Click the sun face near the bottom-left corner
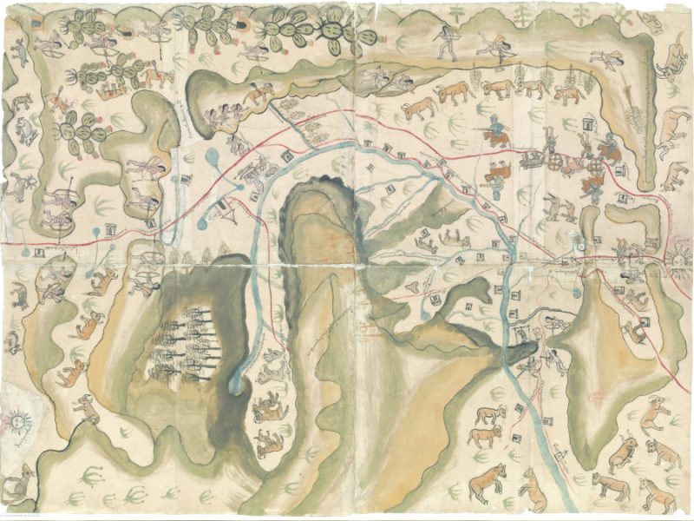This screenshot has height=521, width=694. [x=16, y=423]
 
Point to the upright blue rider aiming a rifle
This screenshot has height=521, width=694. [x=496, y=133]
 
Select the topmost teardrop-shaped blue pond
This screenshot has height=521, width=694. [x=213, y=157]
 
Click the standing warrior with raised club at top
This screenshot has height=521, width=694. [x=447, y=41]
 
